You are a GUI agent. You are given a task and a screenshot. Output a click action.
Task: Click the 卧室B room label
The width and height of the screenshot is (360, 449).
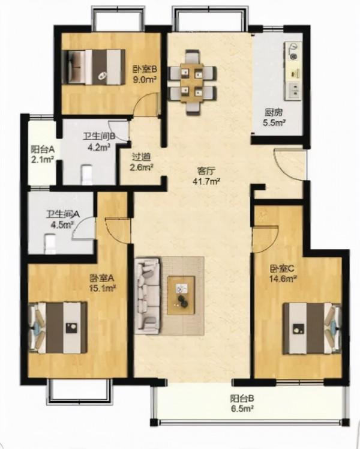click(145, 69)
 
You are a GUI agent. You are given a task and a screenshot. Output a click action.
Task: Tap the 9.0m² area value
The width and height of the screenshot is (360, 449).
click(145, 79)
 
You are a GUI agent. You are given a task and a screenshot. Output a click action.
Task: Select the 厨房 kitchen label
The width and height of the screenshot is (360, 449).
click(274, 112)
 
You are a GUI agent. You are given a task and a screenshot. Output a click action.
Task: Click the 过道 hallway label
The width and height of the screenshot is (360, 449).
click(141, 157)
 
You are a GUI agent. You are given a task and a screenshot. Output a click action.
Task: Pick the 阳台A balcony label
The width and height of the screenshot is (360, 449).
click(43, 149)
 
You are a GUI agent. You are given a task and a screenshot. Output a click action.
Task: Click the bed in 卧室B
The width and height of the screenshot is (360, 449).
click(94, 67)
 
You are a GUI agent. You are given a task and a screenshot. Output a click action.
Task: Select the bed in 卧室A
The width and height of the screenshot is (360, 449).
click(58, 328)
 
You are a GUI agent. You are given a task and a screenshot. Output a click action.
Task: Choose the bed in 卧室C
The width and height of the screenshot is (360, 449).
click(312, 328)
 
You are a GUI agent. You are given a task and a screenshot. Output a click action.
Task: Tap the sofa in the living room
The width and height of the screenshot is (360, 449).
click(147, 296)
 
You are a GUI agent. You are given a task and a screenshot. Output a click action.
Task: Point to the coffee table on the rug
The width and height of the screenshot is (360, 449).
click(181, 295)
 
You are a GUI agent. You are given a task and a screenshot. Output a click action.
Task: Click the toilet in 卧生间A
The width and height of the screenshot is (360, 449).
click(50, 244)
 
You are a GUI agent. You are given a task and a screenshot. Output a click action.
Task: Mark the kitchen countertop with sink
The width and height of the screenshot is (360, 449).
click(293, 71)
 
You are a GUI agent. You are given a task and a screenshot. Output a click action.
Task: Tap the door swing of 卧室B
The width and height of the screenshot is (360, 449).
click(147, 105)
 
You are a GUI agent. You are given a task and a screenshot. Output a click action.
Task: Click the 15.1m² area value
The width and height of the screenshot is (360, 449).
click(103, 288)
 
